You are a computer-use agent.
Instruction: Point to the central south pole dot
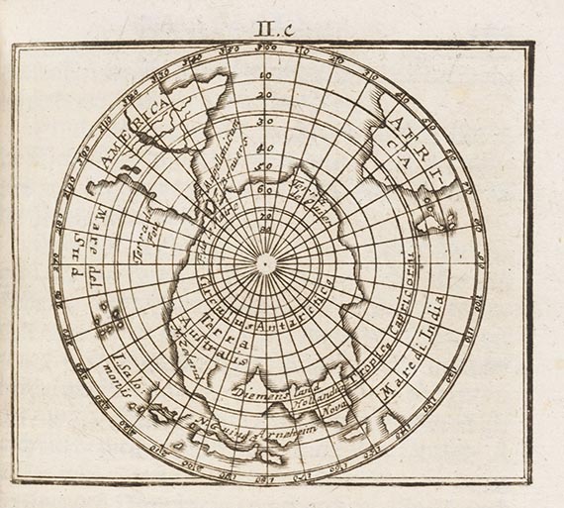click(266, 262)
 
